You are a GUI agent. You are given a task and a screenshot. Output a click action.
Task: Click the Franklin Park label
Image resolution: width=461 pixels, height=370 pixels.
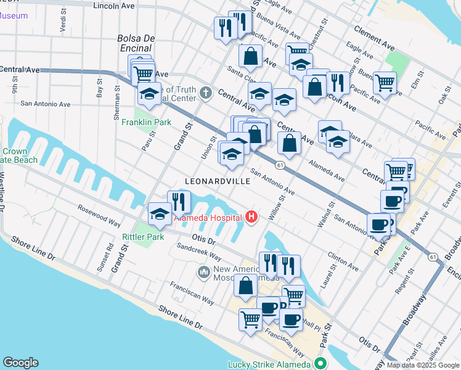(155, 123)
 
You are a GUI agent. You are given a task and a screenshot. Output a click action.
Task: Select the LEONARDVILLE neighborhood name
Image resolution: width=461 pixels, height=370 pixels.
(218, 181)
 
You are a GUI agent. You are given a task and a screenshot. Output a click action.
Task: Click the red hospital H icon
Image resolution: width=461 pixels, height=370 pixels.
(251, 216)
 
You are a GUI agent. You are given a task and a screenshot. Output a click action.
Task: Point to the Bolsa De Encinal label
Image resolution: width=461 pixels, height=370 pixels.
(134, 43)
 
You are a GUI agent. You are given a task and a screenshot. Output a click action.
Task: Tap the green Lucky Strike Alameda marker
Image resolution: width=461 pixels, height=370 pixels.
(319, 364)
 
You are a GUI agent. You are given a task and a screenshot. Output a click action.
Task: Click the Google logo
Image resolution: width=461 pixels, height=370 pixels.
(20, 363)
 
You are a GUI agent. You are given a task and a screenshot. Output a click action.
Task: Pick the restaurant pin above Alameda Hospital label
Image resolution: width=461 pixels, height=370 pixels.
(179, 201)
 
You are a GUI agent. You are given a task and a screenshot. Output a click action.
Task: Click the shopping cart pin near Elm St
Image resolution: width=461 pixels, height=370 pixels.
(385, 82)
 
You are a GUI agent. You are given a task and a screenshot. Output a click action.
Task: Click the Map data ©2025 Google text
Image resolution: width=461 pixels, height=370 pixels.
(423, 365)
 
